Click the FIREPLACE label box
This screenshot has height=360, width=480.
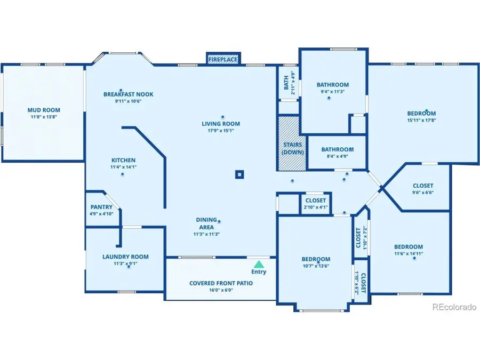(x=222, y=59)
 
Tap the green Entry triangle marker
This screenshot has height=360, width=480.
(x=259, y=264)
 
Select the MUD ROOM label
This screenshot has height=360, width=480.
(x=44, y=110)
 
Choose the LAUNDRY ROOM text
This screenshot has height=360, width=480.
(x=125, y=257)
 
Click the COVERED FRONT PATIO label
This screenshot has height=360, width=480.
(x=221, y=283)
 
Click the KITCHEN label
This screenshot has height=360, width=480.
(x=123, y=160)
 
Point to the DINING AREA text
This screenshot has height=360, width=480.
(x=206, y=223)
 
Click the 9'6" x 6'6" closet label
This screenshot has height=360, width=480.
(x=423, y=193)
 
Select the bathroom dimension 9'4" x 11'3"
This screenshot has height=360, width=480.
(x=332, y=91)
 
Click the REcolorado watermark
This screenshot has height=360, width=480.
(x=453, y=307)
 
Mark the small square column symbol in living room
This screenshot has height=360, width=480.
(x=240, y=174)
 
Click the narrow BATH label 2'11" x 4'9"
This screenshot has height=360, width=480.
(x=289, y=83)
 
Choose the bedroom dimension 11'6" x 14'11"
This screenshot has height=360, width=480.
(x=409, y=254)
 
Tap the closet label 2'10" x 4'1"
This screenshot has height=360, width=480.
(x=315, y=207)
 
